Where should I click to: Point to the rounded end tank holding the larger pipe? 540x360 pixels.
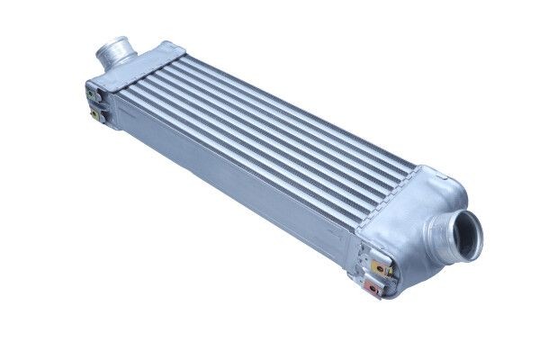409,216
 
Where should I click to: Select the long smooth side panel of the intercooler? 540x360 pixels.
234,180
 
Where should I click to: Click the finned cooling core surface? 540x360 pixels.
270,126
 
